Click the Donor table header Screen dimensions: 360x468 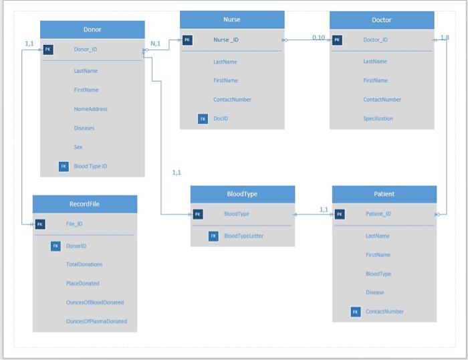tap(92, 29)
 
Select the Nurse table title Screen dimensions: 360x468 tap(231, 19)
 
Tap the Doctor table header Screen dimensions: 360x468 tap(381, 20)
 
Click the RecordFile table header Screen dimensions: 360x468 tap(84, 203)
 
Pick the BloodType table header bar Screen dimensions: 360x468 tap(242, 194)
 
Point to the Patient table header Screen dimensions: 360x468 tap(384, 194)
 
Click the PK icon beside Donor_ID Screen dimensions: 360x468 tap(48, 50)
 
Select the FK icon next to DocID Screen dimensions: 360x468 tap(203, 118)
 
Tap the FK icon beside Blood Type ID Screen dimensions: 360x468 tap(64, 166)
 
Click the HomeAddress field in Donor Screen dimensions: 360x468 tap(90, 109)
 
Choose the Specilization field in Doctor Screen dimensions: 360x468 tap(378, 118)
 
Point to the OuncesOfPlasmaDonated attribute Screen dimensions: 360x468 tap(96, 321)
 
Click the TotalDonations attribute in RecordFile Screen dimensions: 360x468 tap(84, 264)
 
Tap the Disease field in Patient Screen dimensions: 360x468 tap(374, 292)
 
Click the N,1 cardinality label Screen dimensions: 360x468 tap(156, 43)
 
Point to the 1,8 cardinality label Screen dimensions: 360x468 tap(445, 37)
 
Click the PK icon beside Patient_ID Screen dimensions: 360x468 tap(340, 214)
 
